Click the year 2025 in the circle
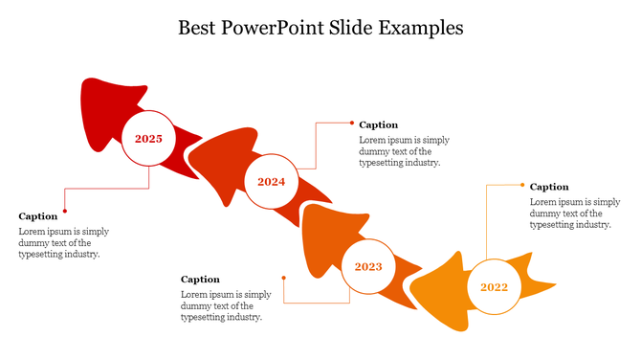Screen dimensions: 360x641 click(148, 139)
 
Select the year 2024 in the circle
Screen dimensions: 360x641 click(271, 182)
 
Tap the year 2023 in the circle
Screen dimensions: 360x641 click(368, 266)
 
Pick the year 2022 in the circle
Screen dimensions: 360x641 click(494, 287)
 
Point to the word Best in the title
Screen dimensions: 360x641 click(198, 27)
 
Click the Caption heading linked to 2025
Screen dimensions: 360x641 click(38, 216)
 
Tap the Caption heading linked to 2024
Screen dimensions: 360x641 click(379, 124)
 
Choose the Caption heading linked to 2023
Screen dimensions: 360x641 click(200, 280)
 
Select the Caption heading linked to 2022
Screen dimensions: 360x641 click(549, 187)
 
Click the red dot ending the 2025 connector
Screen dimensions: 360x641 click(65, 211)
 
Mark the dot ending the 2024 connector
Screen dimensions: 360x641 click(351, 123)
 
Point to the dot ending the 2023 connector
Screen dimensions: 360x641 click(284, 278)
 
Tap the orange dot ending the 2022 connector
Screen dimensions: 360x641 click(522, 185)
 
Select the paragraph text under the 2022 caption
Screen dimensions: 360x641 click(575, 214)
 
